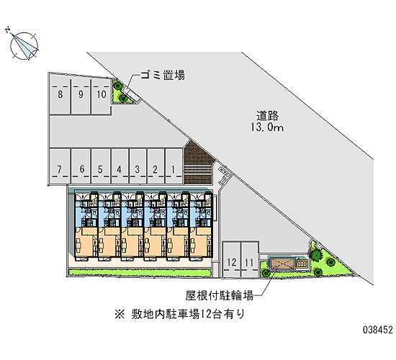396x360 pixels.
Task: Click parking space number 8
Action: [60, 96]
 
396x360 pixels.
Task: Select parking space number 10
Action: [101, 96]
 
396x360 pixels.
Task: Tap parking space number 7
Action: [60, 166]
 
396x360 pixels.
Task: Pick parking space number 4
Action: [120, 166]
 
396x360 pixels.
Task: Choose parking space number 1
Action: [174, 166]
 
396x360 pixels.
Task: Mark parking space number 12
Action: [231, 259]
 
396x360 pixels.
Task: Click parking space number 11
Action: [249, 259]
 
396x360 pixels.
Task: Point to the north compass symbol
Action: [23, 45]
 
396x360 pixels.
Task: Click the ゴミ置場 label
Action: [163, 75]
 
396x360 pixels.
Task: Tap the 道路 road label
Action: [267, 116]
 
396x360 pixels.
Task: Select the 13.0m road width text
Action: [267, 127]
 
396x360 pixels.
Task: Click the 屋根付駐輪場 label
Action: [220, 295]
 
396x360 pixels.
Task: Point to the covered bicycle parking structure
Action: [282, 264]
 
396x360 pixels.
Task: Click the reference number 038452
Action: [378, 330]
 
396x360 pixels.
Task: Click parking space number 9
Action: [81, 96]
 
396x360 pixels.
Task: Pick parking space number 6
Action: [81, 166]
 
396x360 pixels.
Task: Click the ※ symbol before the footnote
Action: [120, 314]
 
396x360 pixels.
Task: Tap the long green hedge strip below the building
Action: [139, 273]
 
